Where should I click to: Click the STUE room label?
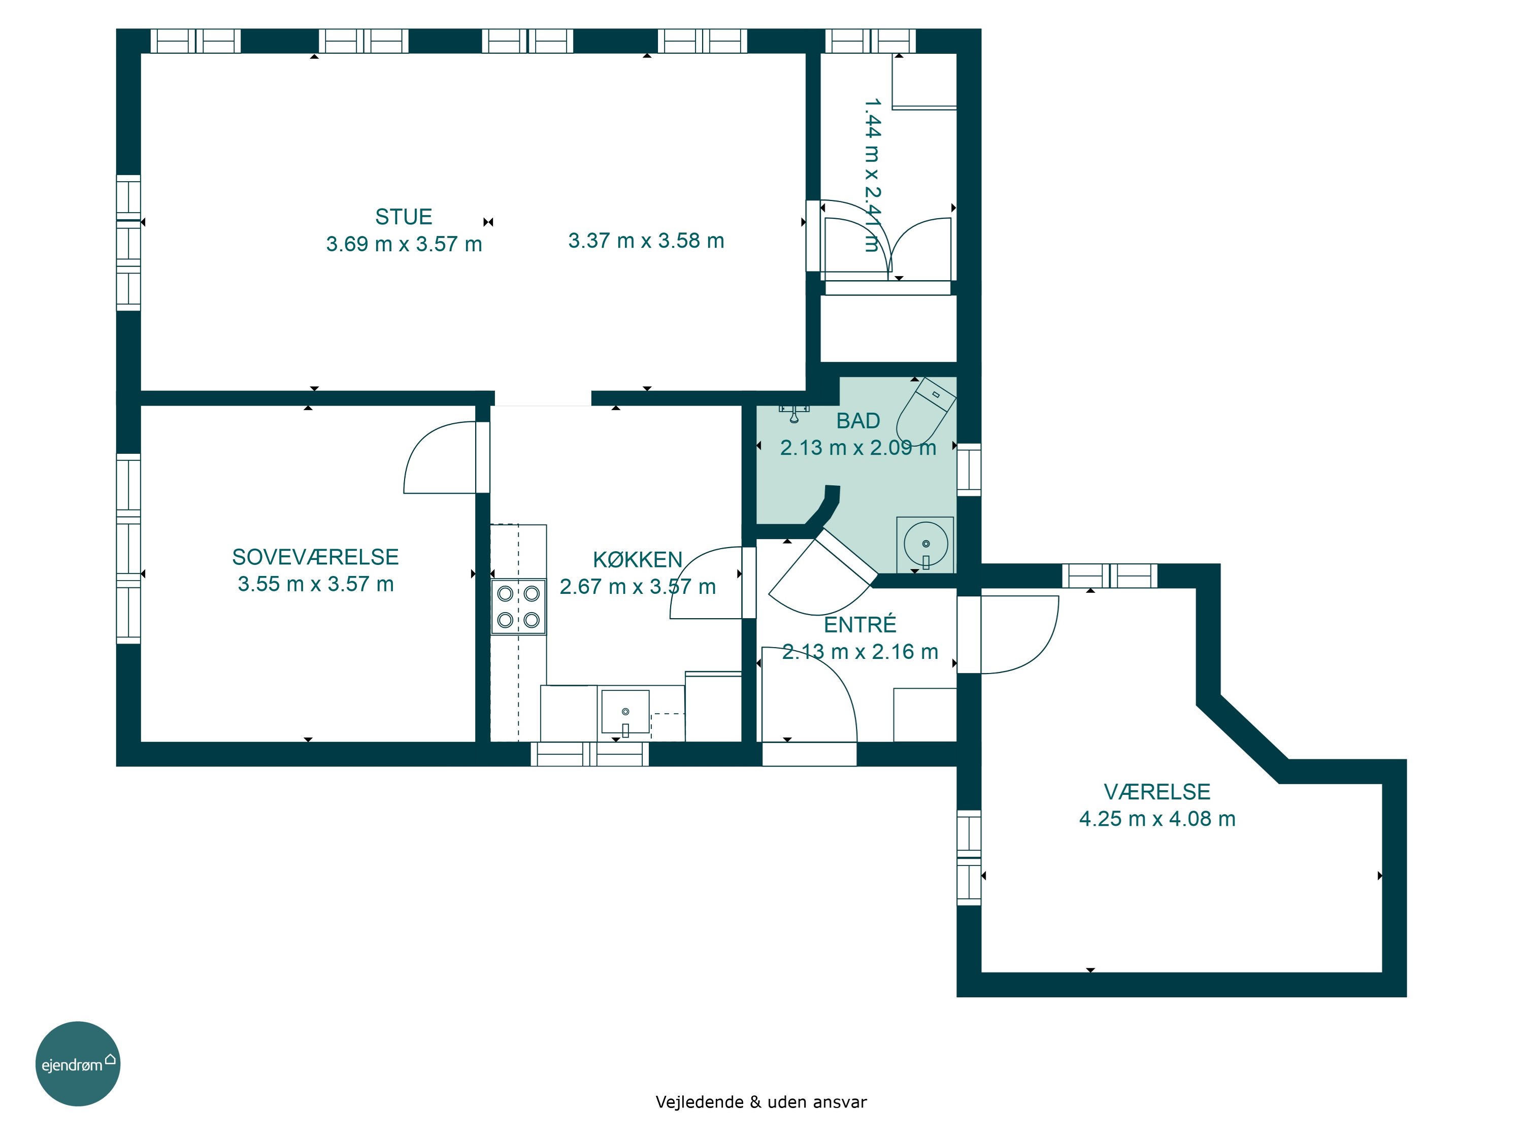pos(404,217)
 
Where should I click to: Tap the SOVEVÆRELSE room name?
pos(315,557)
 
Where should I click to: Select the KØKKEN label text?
pos(638,560)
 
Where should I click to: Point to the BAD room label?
pos(858,421)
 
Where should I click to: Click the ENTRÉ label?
pos(860,624)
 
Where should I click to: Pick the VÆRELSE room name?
pos(1156,792)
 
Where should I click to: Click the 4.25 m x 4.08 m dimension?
pos(1156,819)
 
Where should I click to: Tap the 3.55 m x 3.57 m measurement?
pos(315,584)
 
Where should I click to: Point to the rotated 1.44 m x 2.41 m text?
pos(872,175)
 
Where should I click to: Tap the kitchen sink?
pos(625,712)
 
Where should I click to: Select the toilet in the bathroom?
pos(926,411)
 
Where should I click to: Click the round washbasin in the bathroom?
pos(925,545)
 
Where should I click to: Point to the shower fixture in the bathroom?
pos(794,414)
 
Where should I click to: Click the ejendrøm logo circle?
pos(78,1063)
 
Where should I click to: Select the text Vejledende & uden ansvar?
pos(761,1102)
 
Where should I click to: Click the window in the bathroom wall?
pos(969,470)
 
